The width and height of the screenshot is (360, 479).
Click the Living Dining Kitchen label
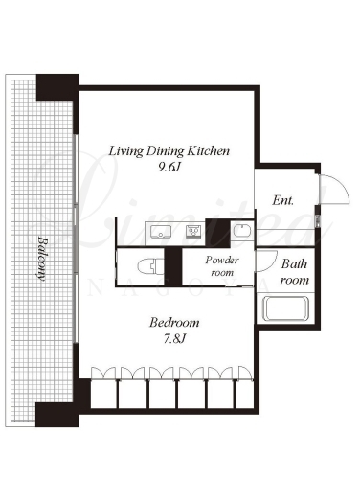169,151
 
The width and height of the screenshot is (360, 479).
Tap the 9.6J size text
169,168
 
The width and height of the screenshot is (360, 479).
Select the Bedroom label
174,323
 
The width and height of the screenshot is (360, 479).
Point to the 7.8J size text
174,338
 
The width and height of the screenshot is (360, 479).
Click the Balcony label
42,258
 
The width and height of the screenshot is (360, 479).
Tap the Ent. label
282,200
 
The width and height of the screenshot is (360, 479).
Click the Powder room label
222,266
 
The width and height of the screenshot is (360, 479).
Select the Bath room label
295,272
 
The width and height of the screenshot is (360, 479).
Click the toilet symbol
150,266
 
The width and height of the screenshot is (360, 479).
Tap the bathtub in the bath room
285,308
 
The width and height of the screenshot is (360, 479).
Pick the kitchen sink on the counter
161,232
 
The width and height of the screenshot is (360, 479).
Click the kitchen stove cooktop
193,231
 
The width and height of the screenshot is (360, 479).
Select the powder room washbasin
242,230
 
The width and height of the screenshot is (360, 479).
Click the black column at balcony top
57,87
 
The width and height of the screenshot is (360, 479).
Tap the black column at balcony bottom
56,415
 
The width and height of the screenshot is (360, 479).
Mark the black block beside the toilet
173,266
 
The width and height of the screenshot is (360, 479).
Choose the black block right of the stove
217,233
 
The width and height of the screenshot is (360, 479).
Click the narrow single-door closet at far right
244,394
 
